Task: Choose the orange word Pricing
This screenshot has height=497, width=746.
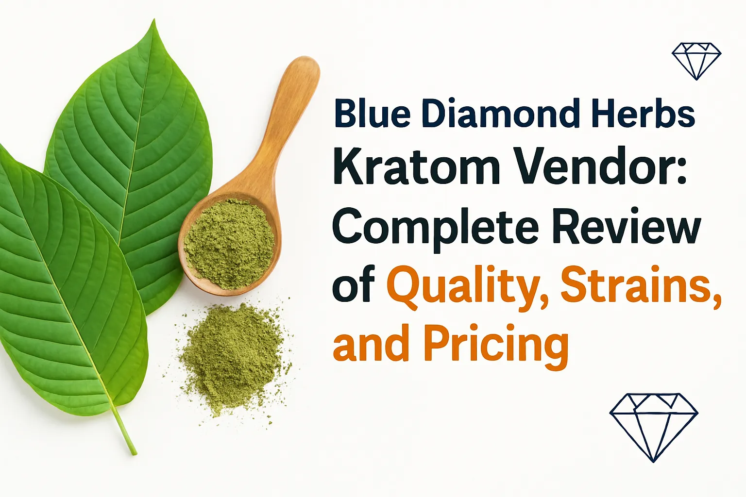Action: (496, 346)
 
